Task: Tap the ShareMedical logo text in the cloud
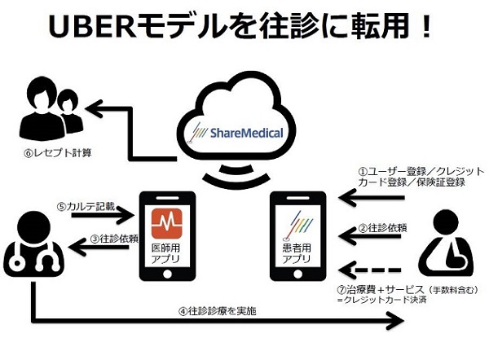[x=246, y=133]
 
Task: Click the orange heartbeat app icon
[x=167, y=223]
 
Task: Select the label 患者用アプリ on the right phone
[x=297, y=254]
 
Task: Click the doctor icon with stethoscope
[x=33, y=244]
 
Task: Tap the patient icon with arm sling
[x=446, y=244]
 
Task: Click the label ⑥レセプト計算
[x=58, y=153]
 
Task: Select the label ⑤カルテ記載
[x=86, y=206]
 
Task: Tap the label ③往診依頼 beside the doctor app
[x=114, y=239]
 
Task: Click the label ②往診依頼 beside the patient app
[x=383, y=228]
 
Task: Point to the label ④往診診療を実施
[x=218, y=311]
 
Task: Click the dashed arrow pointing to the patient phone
[x=369, y=270]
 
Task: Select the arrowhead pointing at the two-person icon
[x=94, y=109]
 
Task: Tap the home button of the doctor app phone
[x=167, y=274]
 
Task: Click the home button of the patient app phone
[x=297, y=274]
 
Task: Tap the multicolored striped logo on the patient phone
[x=297, y=226]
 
